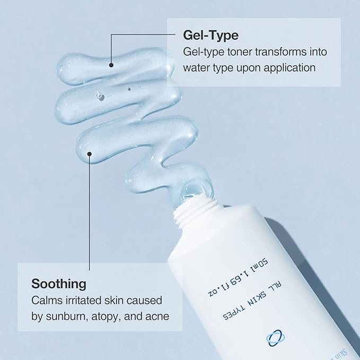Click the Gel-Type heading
click(210, 35)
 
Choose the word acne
click(157, 317)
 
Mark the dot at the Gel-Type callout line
click(112, 65)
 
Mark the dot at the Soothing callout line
click(90, 154)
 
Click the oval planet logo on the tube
click(275, 338)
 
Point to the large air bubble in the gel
click(98, 96)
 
